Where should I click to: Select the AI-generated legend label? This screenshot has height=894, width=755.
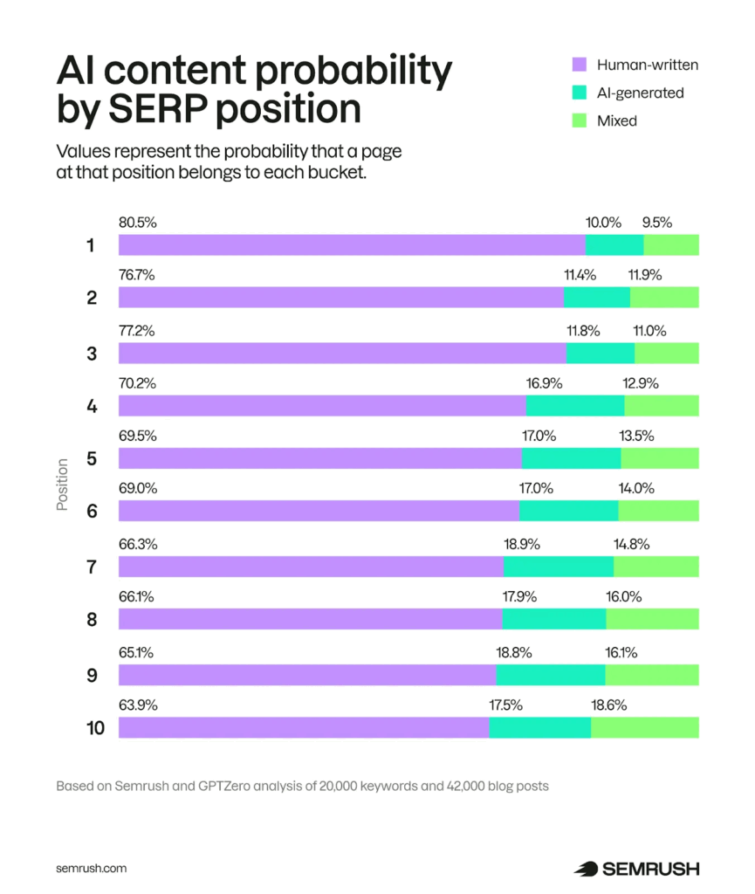641,93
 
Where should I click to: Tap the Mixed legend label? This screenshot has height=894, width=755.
617,120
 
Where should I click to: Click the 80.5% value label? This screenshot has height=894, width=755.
137,223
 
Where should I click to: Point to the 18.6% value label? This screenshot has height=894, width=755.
608,705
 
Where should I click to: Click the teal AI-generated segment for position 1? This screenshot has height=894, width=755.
614,245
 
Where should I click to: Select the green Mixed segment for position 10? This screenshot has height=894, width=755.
645,728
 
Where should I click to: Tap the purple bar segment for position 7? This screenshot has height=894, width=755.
311,567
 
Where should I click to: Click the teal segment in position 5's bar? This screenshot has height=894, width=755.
571,459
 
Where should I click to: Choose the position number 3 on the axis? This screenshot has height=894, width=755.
91,354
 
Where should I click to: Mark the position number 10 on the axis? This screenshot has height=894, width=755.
95,728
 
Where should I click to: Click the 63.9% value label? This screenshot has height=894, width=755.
137,705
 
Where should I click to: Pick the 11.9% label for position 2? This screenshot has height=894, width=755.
645,276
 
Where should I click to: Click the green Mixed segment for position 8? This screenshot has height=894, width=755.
652,620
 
